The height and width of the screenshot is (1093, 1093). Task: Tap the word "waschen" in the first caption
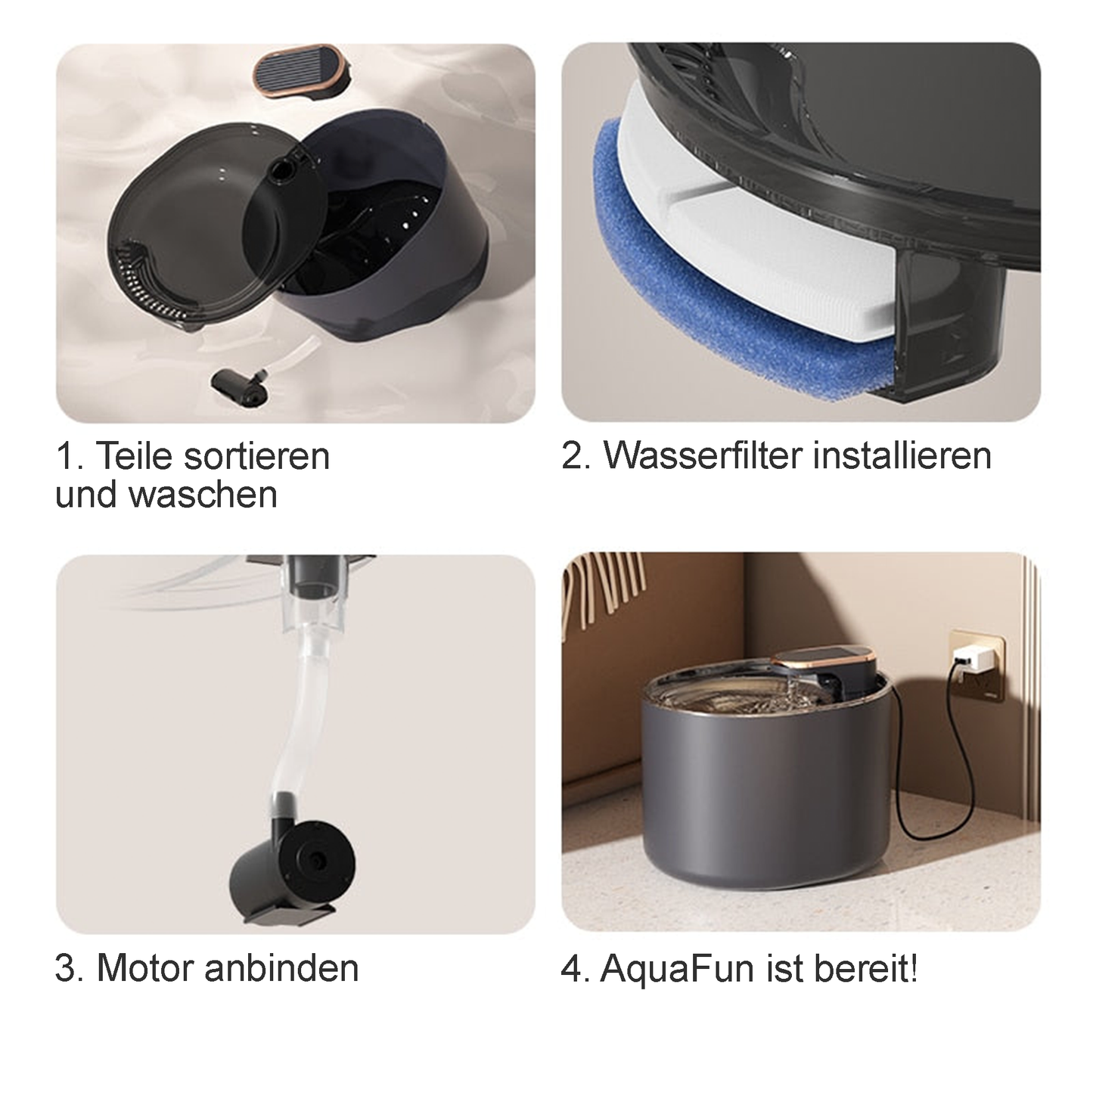click(203, 495)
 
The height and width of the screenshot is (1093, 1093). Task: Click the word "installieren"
click(902, 455)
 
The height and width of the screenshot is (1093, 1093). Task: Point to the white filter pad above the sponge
click(737, 238)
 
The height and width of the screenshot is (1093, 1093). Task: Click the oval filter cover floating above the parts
click(299, 73)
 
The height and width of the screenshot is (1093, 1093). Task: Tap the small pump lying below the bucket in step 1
click(238, 384)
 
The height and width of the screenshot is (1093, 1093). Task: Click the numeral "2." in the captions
click(576, 455)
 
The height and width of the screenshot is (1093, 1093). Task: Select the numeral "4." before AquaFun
click(576, 968)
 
